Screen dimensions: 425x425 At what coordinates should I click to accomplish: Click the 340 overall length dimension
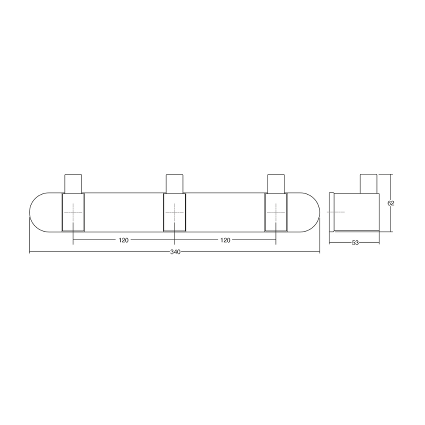(x=175, y=252)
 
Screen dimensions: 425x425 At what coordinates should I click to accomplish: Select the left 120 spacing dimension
(x=123, y=240)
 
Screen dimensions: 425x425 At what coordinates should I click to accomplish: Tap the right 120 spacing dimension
(x=225, y=240)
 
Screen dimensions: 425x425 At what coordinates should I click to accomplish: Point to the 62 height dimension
(x=390, y=203)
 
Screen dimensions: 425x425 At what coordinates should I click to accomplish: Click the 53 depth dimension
(x=355, y=243)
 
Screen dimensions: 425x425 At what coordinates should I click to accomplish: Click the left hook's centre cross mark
(x=73, y=212)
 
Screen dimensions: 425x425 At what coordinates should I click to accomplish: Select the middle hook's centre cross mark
(x=174, y=212)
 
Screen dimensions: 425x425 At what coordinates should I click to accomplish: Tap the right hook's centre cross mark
(x=276, y=212)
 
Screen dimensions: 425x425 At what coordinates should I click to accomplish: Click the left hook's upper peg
(x=73, y=183)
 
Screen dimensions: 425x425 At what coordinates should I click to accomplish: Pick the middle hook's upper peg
(x=174, y=183)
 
